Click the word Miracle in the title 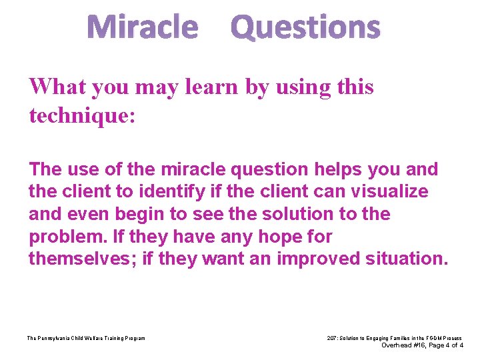pos(143,28)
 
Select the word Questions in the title pos(305,28)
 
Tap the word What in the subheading pos(59,87)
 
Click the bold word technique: pos(82,115)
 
